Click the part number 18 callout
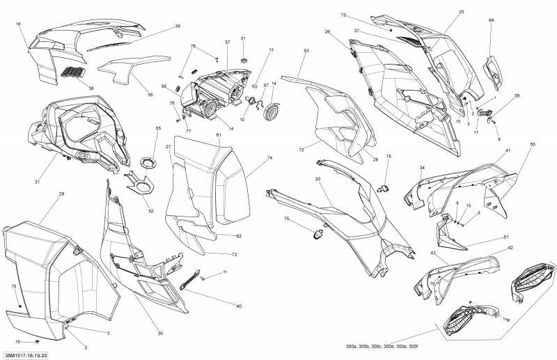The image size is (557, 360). [18, 24]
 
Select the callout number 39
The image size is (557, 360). [178, 26]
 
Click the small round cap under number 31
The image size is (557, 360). [244, 61]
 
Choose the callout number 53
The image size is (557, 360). [306, 51]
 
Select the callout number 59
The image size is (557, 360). [517, 95]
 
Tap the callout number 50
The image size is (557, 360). [533, 144]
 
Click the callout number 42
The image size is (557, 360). [510, 248]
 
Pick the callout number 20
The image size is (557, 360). [317, 179]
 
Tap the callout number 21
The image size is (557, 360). [37, 182]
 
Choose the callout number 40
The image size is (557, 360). [238, 306]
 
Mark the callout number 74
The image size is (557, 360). [269, 158]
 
